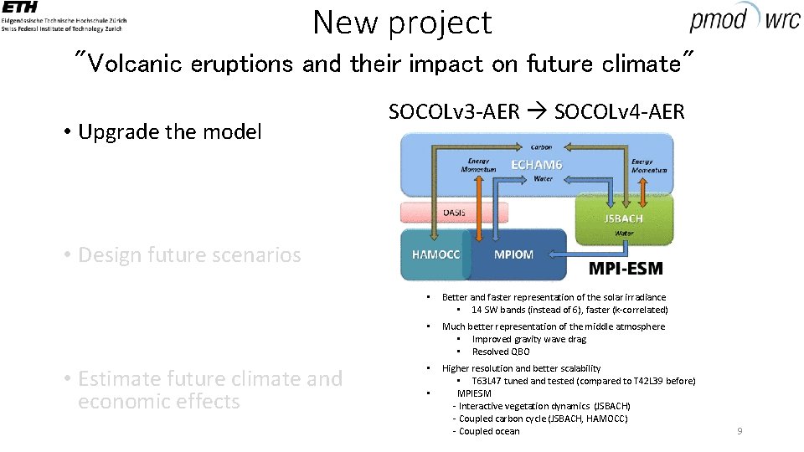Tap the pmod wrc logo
coord(745,18)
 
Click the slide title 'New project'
coord(402,23)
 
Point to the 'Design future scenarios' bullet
coord(188,254)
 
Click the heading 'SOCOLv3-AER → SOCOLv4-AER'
coord(536,111)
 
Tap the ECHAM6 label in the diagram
coord(537,165)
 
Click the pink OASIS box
coord(454,213)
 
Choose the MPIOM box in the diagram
coord(513,254)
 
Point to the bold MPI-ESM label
coord(626,269)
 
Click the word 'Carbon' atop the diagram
coord(541,146)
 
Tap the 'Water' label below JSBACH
coord(624,234)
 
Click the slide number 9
coord(739,431)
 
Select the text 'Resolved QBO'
coord(501,352)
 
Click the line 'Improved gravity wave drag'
coord(528,339)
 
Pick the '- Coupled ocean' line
coord(486,431)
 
